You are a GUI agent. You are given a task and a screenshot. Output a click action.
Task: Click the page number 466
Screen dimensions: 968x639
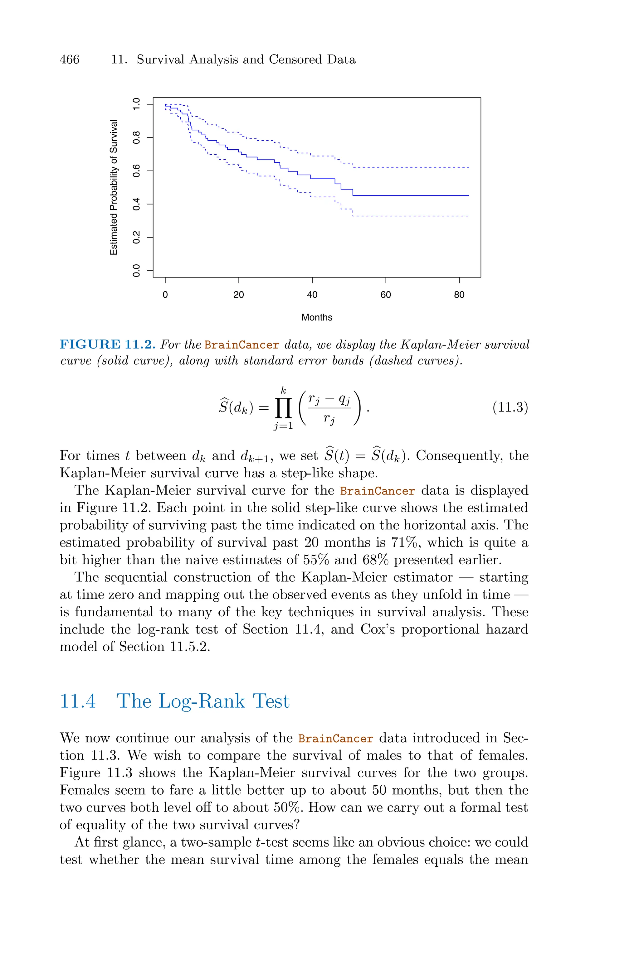tap(69, 60)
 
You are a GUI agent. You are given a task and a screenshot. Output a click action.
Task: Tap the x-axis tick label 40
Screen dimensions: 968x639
tap(312, 295)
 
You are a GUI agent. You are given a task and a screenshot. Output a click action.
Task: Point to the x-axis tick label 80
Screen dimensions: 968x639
tap(459, 295)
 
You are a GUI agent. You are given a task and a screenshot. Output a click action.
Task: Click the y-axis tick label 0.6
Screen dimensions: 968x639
tap(137, 171)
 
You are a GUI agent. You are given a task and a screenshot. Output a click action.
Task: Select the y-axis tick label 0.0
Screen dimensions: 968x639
tap(137, 270)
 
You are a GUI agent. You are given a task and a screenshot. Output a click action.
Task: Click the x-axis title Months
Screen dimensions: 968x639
tap(317, 317)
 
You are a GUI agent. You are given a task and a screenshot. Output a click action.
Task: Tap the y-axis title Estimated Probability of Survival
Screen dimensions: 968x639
tap(114, 187)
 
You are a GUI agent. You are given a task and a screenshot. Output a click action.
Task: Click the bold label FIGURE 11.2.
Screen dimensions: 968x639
tap(108, 345)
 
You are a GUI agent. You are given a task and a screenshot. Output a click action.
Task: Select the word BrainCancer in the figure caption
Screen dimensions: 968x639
tap(242, 345)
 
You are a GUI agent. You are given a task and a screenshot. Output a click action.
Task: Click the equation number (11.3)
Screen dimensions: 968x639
tap(510, 407)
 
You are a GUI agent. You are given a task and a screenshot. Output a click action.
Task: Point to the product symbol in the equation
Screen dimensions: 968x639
tap(283, 408)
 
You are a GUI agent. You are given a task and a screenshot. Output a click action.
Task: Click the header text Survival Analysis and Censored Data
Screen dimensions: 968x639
tap(246, 60)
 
